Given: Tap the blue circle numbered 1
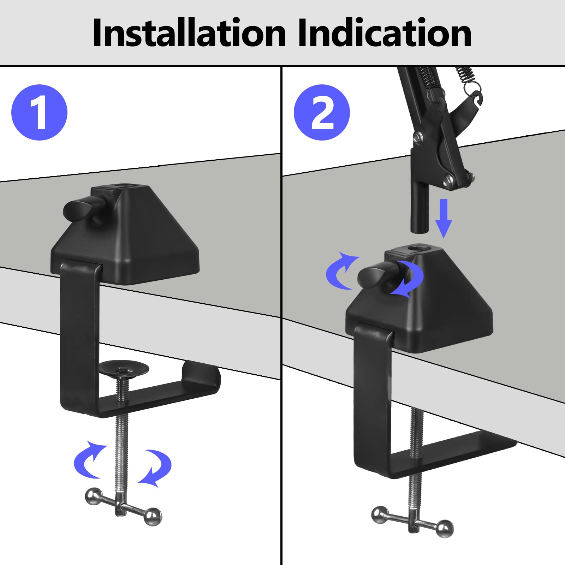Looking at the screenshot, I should [39, 112].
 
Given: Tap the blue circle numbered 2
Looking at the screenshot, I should [322, 112].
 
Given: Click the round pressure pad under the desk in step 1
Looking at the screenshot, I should [124, 369].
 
